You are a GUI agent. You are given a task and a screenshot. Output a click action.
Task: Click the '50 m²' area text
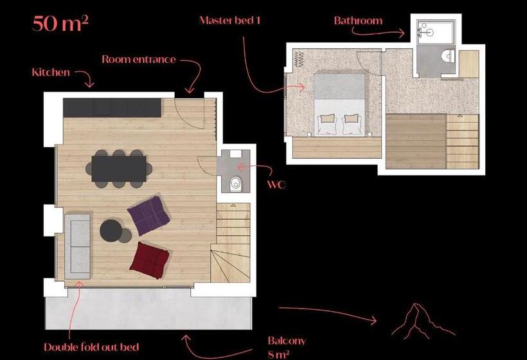pyautogui.click(x=60, y=24)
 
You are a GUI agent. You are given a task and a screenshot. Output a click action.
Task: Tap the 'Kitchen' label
pyautogui.click(x=51, y=72)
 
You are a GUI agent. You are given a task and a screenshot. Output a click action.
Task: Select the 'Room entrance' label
pyautogui.click(x=138, y=59)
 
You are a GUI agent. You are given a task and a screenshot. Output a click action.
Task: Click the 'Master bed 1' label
pyautogui.click(x=229, y=20)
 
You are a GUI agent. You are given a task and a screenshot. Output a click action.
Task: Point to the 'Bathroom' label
pyautogui.click(x=358, y=21)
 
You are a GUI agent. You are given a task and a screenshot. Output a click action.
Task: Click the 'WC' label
pyautogui.click(x=276, y=185)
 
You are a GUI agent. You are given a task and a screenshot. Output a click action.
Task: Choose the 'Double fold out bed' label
pyautogui.click(x=91, y=346)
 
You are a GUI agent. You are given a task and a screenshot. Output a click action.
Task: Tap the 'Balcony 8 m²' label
pyautogui.click(x=286, y=346)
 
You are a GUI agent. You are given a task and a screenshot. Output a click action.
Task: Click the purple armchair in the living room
pyautogui.click(x=148, y=215)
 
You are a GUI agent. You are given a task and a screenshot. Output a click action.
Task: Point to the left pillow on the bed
pyautogui.click(x=327, y=123)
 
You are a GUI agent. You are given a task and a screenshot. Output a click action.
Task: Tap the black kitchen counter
pyautogui.click(x=112, y=107)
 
